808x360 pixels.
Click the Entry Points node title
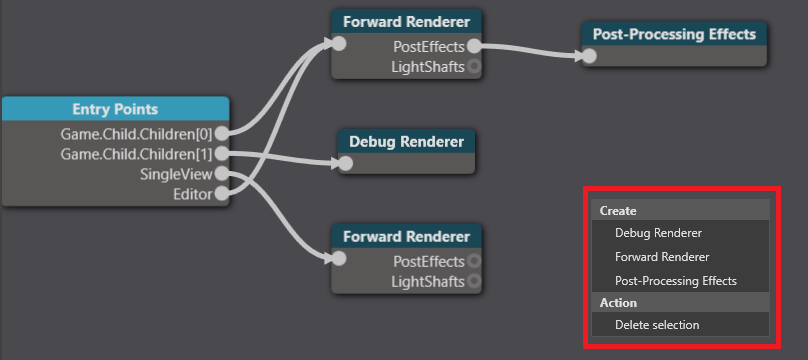pos(115,109)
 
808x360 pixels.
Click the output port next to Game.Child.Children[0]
pos(221,132)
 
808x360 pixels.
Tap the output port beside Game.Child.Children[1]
pos(221,154)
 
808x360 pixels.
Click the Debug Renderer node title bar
pos(406,141)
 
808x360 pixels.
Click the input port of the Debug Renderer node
pos(345,163)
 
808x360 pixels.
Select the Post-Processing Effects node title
pos(674,34)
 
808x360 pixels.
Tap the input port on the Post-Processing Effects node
pos(590,56)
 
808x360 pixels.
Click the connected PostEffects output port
pos(474,46)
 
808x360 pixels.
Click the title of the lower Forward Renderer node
pos(406,237)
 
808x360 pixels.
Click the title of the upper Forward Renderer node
pos(406,21)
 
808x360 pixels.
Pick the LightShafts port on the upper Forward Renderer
pos(474,67)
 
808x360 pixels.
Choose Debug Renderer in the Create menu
pos(658,233)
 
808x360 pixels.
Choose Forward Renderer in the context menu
pos(661,257)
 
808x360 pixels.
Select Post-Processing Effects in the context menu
pos(675,281)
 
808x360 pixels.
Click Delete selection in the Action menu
pos(657,325)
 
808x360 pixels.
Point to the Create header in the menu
pos(618,211)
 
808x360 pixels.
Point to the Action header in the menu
pos(618,303)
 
